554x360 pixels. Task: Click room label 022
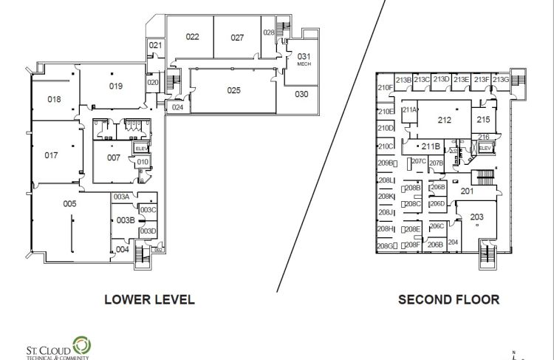[x=193, y=36]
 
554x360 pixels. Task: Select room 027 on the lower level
[x=236, y=36]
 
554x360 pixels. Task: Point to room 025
[x=233, y=90]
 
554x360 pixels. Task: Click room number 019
[x=115, y=86]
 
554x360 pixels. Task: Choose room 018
[x=54, y=98]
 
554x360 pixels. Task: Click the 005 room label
[x=69, y=203]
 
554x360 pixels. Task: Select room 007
[x=113, y=157]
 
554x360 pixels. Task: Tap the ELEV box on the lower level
[x=141, y=149]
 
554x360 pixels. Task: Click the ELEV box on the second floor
[x=485, y=149]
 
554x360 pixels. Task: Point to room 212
[x=444, y=120]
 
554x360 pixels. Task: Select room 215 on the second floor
[x=483, y=119]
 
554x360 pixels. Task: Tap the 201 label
[x=467, y=191]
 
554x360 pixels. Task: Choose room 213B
[x=403, y=80]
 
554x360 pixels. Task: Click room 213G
[x=501, y=80]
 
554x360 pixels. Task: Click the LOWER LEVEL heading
[x=149, y=299]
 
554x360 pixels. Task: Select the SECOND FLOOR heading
[x=448, y=299]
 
